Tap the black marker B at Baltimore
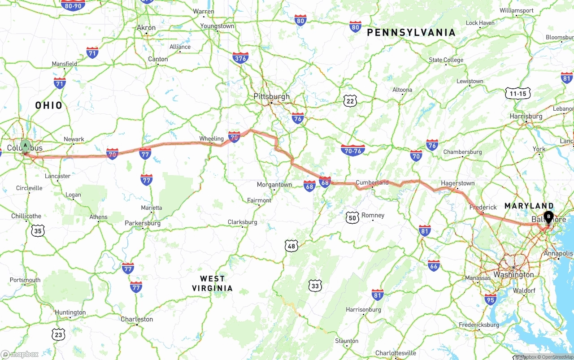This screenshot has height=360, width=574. point(548,217)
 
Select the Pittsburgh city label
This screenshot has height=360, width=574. point(271,96)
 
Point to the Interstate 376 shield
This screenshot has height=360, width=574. point(240,58)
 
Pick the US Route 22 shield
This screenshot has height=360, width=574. point(350,101)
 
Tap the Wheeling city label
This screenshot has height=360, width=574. point(211,139)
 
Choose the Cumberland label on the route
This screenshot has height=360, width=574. point(372,182)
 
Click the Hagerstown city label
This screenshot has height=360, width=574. point(457,183)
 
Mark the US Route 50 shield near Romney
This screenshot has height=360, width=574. point(352,218)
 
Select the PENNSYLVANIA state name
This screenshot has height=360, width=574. point(411,32)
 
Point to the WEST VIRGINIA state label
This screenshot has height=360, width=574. point(212,283)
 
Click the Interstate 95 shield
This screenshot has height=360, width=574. point(490,299)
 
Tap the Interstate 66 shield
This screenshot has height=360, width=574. point(433,265)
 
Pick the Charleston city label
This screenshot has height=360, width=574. point(137,319)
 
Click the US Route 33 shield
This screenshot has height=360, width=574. point(315,285)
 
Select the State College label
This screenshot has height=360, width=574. point(446,60)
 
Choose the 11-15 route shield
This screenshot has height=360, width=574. point(517,94)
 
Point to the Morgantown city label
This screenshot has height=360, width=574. point(274,185)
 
